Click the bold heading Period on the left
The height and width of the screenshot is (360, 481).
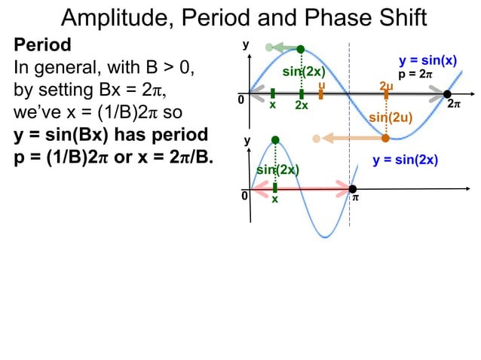click(42, 45)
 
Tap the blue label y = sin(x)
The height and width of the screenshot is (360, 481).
click(427, 60)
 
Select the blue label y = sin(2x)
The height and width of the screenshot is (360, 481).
click(406, 160)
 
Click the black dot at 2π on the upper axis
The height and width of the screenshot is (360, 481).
click(447, 94)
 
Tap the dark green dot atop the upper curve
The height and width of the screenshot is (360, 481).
click(300, 49)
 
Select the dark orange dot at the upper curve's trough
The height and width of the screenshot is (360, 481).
click(385, 138)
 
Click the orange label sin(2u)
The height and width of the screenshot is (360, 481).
click(390, 118)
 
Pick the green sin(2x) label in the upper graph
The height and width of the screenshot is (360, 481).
click(303, 72)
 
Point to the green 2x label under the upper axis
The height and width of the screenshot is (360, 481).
click(302, 106)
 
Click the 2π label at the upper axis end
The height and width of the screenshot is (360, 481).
click(453, 105)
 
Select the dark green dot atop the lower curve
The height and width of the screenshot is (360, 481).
click(275, 140)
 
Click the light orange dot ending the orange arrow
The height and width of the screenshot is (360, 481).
click(317, 138)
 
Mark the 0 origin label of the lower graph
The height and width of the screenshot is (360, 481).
click(244, 196)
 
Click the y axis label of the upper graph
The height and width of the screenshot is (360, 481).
click(244, 45)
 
